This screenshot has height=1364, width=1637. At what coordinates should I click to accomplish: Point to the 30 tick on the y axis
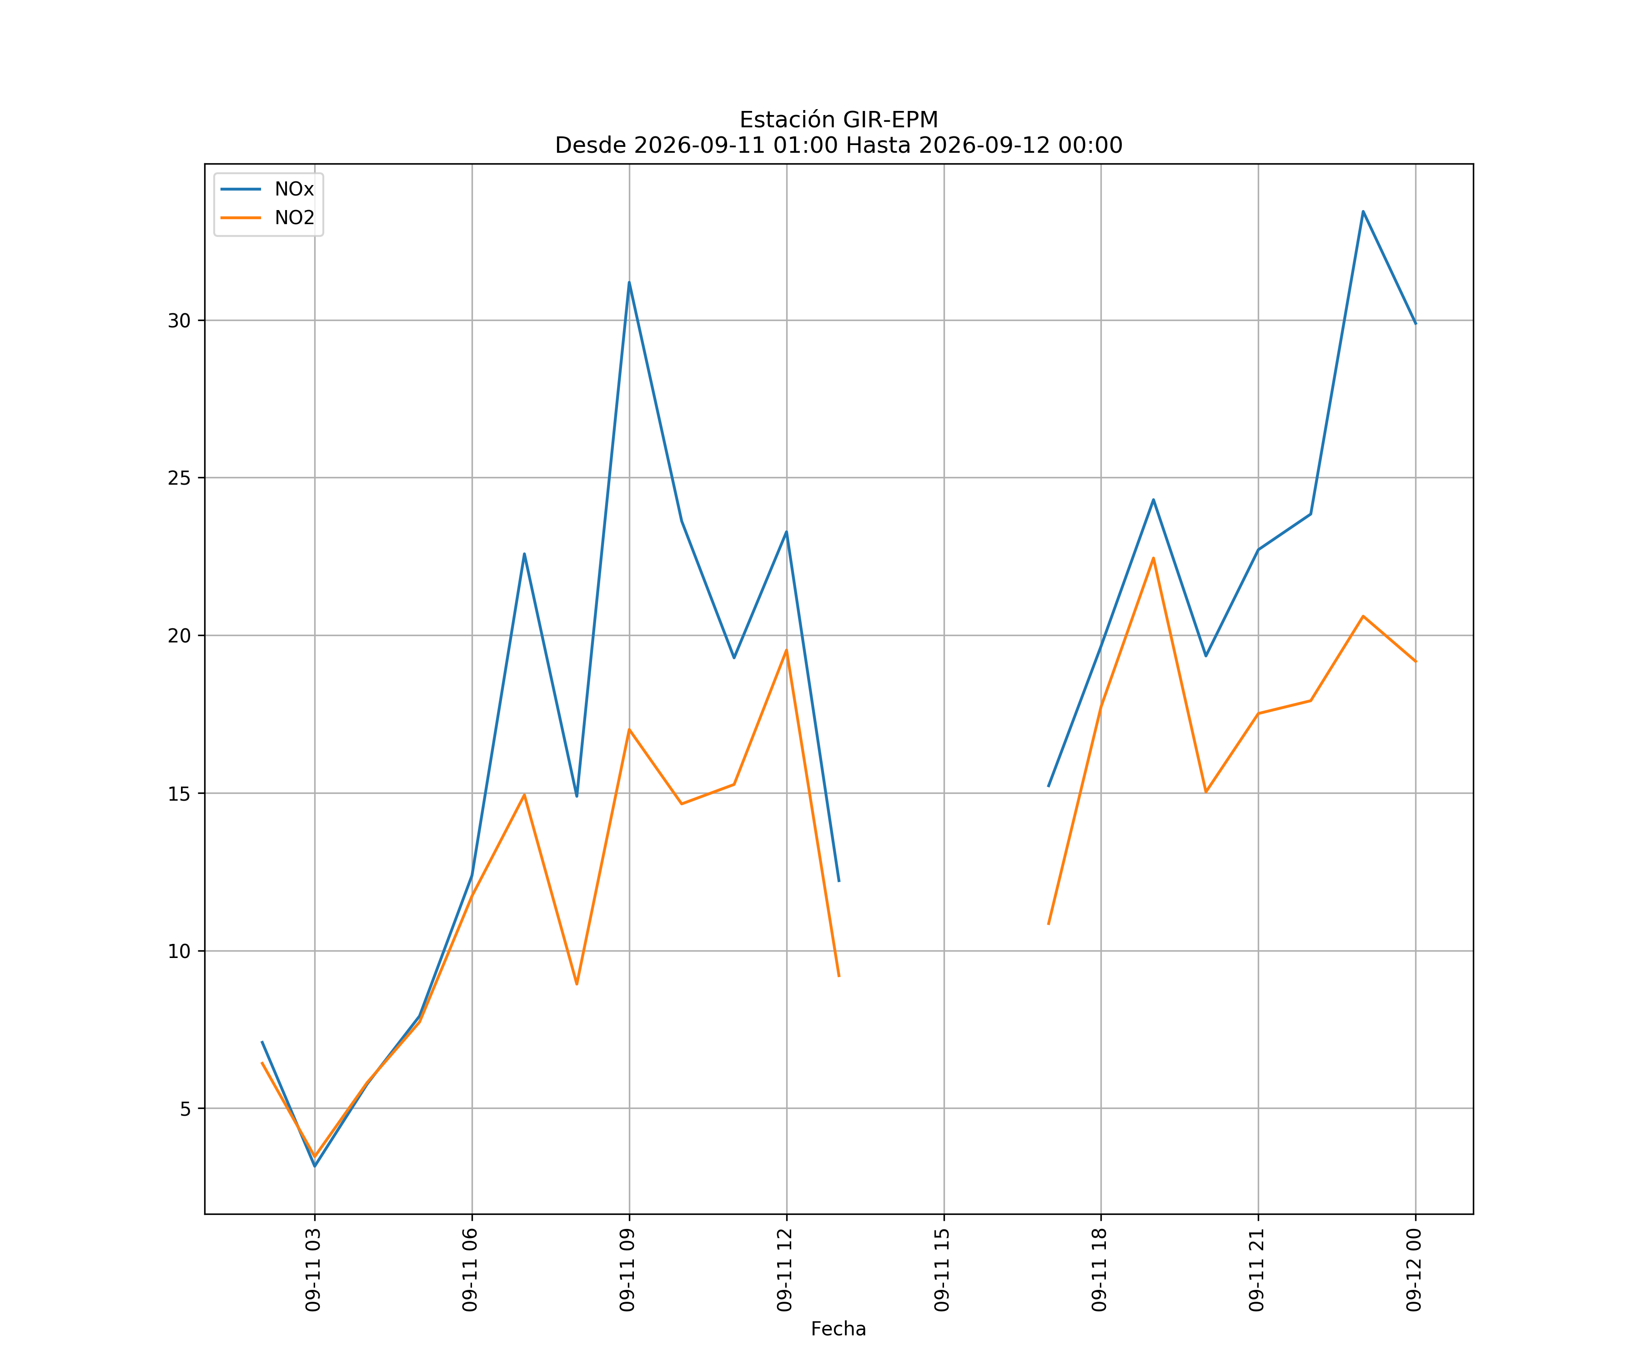coord(179,321)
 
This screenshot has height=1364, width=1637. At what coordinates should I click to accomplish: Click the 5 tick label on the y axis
coord(186,1108)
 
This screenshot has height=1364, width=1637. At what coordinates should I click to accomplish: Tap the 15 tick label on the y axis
coord(179,793)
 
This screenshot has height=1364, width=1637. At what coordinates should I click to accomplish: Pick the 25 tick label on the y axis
coord(179,478)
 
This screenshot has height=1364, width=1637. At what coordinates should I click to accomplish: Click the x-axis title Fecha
coord(839,1329)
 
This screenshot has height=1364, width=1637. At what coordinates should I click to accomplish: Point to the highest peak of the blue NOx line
coord(1363,211)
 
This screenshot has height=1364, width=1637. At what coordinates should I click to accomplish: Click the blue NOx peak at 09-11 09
coord(629,282)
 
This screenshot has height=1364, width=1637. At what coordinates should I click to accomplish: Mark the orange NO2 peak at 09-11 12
coord(787,650)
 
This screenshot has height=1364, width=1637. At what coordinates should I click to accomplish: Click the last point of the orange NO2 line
coord(1416,662)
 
